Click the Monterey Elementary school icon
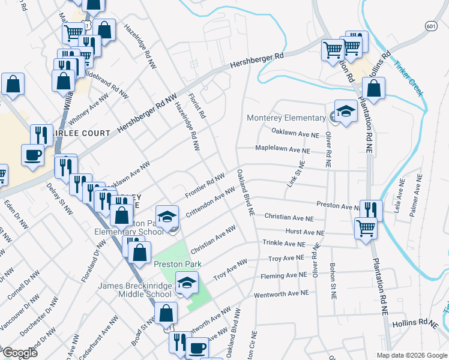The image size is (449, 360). coord(345,111)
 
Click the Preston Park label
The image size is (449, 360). coord(176,264)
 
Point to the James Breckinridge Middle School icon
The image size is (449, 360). coord(187,282)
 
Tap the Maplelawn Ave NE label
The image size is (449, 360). coord(283,148)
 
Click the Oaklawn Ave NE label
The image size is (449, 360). coord(295,132)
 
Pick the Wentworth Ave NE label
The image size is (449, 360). coord(281,293)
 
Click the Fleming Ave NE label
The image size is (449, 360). coord(283,276)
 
